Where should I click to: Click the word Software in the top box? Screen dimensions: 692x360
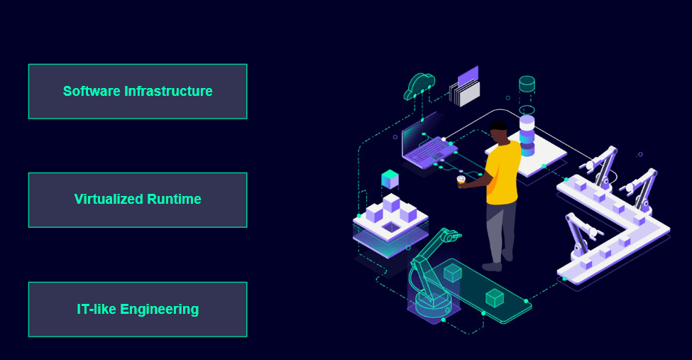click(x=92, y=91)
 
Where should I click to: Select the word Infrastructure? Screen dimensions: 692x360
click(x=169, y=91)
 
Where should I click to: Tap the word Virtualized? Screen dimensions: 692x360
click(x=109, y=200)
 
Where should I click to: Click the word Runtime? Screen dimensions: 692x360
click(x=174, y=200)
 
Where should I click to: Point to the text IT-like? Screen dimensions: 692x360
click(x=97, y=309)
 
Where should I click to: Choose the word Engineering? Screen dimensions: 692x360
click(x=159, y=310)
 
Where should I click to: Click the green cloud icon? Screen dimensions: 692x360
click(x=419, y=86)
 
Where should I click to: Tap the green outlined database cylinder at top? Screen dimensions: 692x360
click(x=527, y=84)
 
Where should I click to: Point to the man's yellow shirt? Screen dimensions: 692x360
click(x=502, y=173)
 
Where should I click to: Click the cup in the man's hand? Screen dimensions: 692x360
click(x=461, y=180)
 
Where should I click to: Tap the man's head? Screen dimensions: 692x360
click(x=499, y=131)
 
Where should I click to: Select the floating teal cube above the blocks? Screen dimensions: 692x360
click(x=390, y=179)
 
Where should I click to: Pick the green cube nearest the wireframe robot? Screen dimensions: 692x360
click(x=452, y=273)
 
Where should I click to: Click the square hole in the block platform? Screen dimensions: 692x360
click(x=391, y=227)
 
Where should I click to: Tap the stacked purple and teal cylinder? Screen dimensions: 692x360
click(x=527, y=136)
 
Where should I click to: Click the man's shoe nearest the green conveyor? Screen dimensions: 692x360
click(x=492, y=266)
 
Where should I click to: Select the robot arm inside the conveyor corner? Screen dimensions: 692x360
click(x=583, y=236)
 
